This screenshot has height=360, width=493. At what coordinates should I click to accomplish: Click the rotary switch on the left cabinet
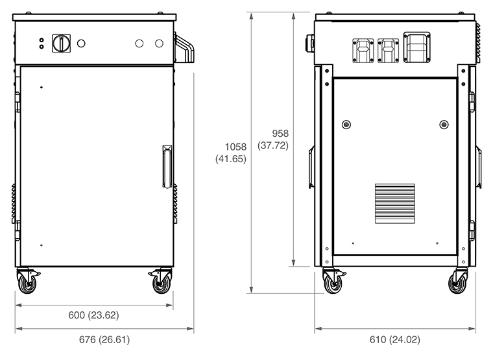[x=62, y=43]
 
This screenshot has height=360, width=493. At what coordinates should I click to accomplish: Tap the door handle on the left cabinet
[x=167, y=167]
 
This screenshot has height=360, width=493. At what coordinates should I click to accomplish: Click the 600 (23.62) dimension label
[x=93, y=315]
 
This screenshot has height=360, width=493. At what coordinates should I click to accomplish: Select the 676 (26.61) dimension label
[x=104, y=339]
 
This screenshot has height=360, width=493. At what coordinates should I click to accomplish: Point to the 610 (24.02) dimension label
[x=395, y=339]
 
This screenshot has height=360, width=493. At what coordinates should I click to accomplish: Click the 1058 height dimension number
[x=236, y=147]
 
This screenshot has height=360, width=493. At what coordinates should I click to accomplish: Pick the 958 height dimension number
[x=280, y=134]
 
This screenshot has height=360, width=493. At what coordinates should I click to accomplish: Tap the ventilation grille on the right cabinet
[x=395, y=204]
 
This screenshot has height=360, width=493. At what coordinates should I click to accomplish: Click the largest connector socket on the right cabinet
[x=417, y=47]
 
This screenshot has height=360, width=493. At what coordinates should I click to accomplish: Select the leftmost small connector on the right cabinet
[x=363, y=51]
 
